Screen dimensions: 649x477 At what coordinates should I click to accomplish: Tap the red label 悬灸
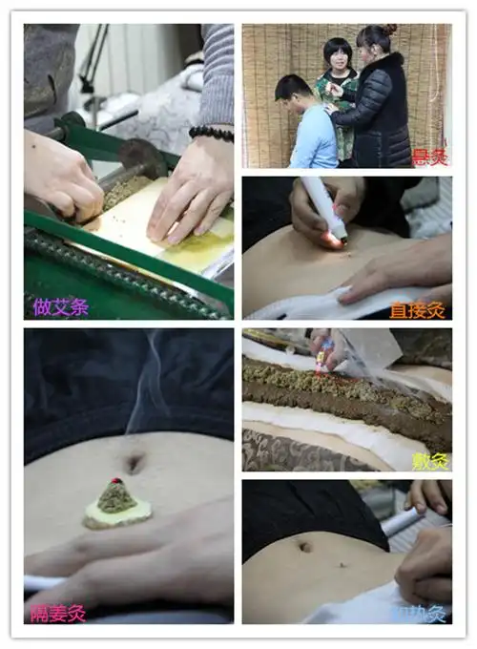429,157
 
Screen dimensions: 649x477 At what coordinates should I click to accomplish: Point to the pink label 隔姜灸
58,612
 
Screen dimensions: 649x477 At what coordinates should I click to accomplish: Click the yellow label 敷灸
431,459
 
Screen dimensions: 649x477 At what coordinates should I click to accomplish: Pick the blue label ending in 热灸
420,613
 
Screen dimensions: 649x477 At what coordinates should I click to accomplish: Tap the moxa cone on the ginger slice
116,496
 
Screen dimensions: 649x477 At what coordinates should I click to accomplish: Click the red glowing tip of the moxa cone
115,480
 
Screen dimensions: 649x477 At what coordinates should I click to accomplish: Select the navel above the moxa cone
134,464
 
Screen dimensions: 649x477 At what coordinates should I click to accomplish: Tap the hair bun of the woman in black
389,30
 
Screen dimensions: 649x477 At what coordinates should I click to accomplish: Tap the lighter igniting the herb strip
325,354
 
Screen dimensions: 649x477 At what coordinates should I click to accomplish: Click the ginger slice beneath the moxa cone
117,514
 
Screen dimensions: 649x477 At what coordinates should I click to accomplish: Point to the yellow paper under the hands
191,229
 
